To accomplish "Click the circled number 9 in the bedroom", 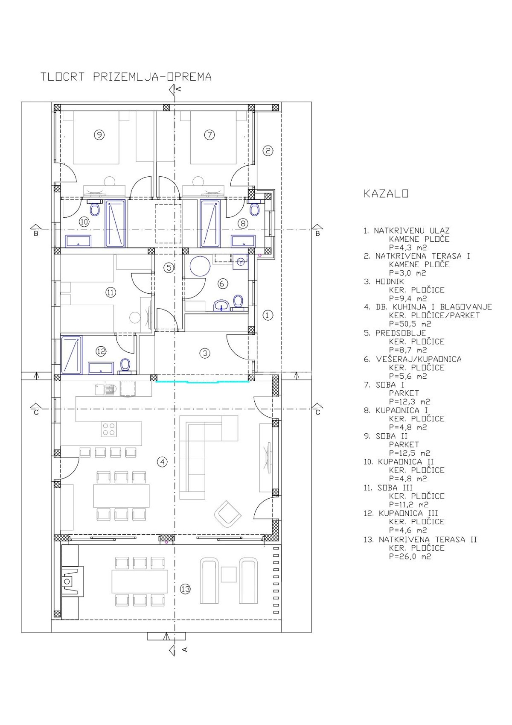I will click(x=99, y=135).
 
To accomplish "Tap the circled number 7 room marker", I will click(x=209, y=135).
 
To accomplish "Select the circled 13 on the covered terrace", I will click(x=185, y=589).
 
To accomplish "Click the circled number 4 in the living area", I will click(x=162, y=462).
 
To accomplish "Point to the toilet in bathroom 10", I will click(x=95, y=210).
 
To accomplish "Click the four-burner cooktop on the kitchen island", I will click(x=108, y=429).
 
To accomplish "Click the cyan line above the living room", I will click(x=203, y=382).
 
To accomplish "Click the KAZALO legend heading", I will click(x=386, y=193).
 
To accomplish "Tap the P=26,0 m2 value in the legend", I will click(x=410, y=557).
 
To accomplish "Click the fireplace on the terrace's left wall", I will click(x=70, y=581).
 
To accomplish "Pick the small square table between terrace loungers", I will click(x=229, y=574).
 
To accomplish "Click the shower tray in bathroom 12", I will click(x=71, y=355).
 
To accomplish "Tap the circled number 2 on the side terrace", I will click(x=268, y=151).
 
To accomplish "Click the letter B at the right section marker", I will click(x=317, y=234).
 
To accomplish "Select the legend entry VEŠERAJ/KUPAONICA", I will click(x=419, y=360).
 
